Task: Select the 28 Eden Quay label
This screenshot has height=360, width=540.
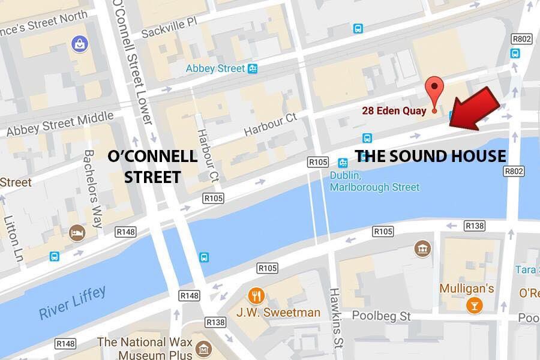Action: (394, 110)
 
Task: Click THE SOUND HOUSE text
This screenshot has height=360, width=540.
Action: (430, 157)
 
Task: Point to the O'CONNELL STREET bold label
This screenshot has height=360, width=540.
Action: (152, 166)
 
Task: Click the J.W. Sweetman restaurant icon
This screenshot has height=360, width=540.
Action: (257, 295)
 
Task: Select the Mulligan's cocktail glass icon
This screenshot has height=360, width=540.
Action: (474, 305)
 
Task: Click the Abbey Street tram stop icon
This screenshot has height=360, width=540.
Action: (253, 68)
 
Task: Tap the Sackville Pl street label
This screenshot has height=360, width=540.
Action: (169, 28)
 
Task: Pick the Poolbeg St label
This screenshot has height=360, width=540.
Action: (380, 316)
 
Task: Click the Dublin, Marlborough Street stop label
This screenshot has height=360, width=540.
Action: (374, 181)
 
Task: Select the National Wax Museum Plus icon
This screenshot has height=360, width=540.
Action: (205, 349)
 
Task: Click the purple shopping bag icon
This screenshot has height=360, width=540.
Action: (78, 43)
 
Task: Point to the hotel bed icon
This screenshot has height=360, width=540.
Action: (77, 233)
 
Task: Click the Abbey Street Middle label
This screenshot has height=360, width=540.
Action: (60, 124)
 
